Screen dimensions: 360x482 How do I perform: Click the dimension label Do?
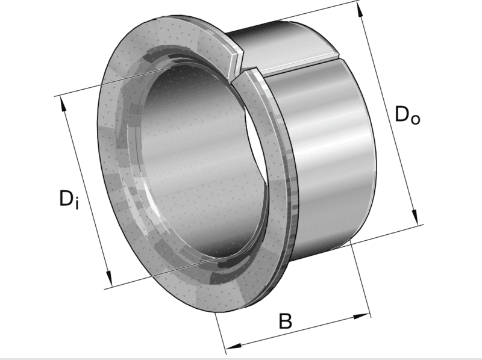(407, 114)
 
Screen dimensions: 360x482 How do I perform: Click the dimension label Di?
(69, 198)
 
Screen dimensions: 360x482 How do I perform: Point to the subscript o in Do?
(416, 118)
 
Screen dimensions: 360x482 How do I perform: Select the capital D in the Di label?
(66, 197)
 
